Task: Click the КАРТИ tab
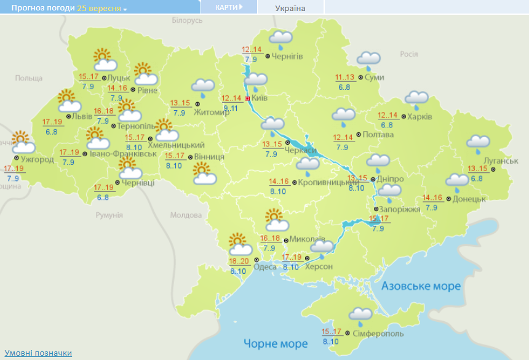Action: [x=228, y=7]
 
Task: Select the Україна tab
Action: [x=290, y=8]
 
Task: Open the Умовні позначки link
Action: [x=38, y=353]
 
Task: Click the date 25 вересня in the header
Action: [x=102, y=9]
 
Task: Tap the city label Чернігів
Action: [x=287, y=56]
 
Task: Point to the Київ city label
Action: [x=260, y=98]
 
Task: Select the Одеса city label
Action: [x=264, y=266]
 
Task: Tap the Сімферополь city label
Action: [x=378, y=334]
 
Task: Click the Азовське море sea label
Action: [x=421, y=286]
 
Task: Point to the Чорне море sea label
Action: [x=275, y=343]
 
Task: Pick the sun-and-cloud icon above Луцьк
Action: [x=105, y=60]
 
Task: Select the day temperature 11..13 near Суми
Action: [x=345, y=77]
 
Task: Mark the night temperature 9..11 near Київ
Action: [x=231, y=108]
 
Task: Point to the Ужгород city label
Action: [x=38, y=160]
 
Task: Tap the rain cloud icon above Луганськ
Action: [x=478, y=143]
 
